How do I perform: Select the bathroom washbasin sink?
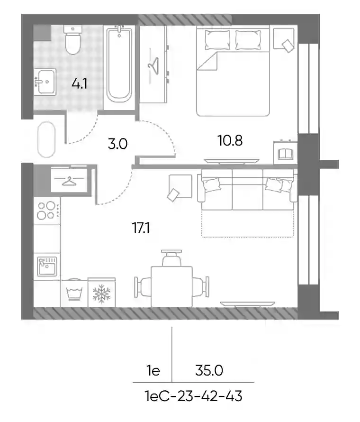[45, 82]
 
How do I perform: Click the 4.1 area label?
[79, 84]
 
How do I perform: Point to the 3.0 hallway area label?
[117, 144]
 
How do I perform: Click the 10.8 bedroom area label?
[230, 140]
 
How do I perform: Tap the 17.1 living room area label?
[141, 228]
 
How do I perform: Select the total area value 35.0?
[209, 371]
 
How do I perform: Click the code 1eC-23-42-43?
[194, 396]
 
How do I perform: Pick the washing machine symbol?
[74, 293]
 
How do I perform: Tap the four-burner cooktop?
[47, 211]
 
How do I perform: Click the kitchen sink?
[47, 266]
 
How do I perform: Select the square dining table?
[171, 286]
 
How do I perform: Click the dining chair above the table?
[171, 258]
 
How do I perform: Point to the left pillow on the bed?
[217, 40]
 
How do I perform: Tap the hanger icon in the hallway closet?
[70, 182]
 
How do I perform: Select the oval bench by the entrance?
[46, 139]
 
